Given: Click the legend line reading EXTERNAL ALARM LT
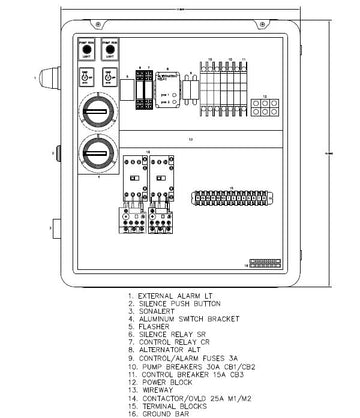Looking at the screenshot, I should tap(170, 296).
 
